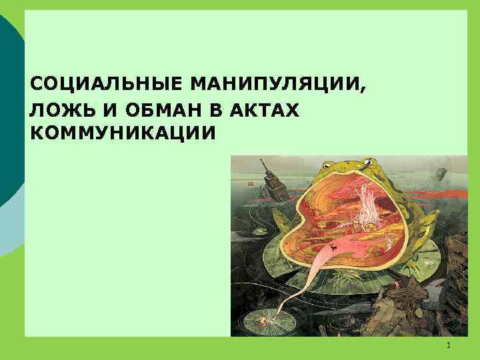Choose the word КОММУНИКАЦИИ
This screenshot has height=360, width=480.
pyautogui.click(x=123, y=133)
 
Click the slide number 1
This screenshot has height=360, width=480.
pyautogui.click(x=449, y=345)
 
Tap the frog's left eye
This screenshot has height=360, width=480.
pyautogui.click(x=329, y=164)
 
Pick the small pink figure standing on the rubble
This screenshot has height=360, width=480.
pyautogui.click(x=399, y=285)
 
